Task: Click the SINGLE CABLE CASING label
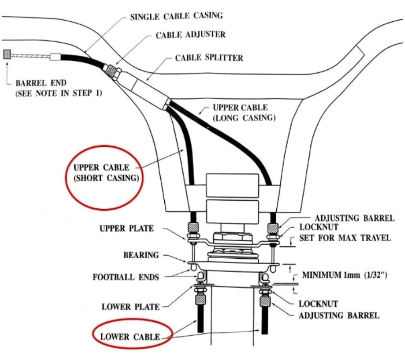click(x=176, y=16)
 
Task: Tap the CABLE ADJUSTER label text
click(x=190, y=35)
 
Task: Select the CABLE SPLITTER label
click(x=209, y=58)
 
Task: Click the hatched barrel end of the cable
click(x=7, y=55)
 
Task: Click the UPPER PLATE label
click(x=126, y=229)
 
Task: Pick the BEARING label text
click(x=141, y=255)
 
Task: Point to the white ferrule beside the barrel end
click(x=56, y=58)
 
